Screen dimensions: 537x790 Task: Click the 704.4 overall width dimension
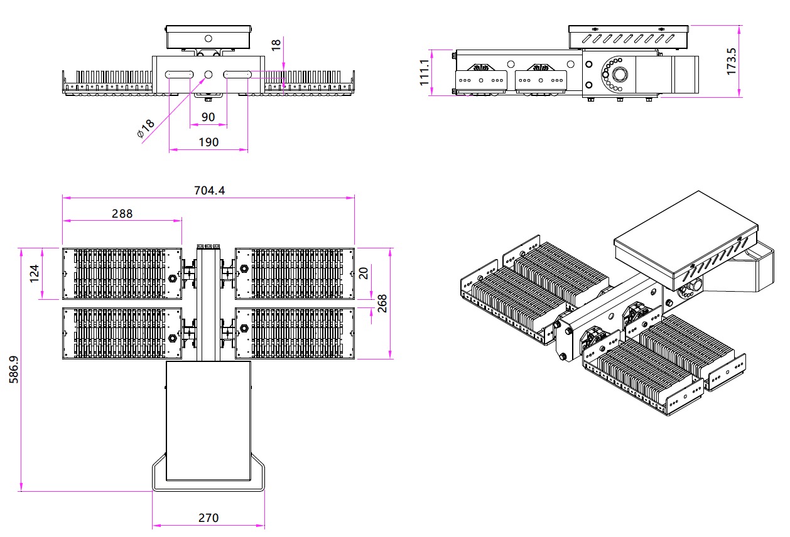(x=209, y=190)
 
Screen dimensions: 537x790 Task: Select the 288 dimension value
(x=122, y=213)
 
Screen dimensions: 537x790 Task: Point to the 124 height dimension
(x=35, y=274)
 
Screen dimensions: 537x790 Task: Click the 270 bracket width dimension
(x=208, y=518)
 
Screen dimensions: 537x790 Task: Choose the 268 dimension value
(x=382, y=304)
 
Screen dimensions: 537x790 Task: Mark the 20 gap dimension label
(x=364, y=274)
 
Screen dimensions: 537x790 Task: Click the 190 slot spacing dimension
(x=208, y=142)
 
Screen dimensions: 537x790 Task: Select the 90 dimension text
(x=208, y=117)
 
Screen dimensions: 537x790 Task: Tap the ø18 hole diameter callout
(x=146, y=128)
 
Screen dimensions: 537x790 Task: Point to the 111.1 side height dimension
(x=425, y=72)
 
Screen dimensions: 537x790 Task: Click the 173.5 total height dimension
(x=732, y=61)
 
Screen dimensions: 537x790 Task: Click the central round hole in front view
(x=208, y=75)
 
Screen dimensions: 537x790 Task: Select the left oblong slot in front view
(x=180, y=75)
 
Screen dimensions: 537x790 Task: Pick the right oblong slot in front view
(x=237, y=75)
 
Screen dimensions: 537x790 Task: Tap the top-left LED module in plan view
(x=121, y=274)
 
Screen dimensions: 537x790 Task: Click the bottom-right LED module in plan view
(x=295, y=333)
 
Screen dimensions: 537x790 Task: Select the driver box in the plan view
(x=208, y=420)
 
